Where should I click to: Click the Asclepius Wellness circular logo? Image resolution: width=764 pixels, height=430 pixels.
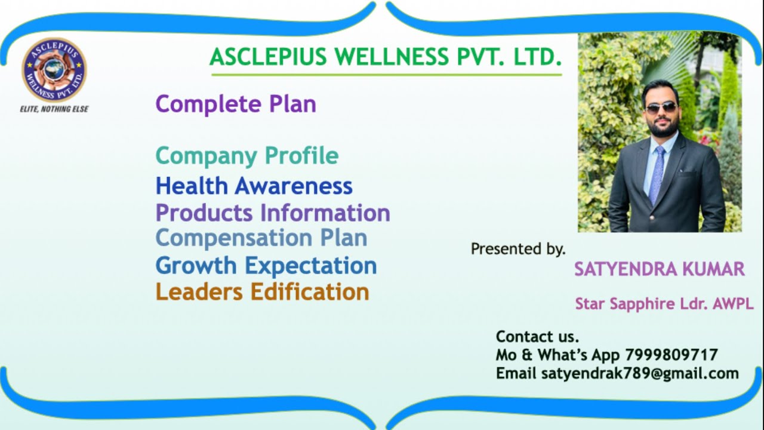[x=54, y=70]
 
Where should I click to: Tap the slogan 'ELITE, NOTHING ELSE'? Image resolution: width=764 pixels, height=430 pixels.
[x=54, y=109]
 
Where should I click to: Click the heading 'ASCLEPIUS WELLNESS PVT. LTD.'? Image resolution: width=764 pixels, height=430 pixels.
[x=386, y=57]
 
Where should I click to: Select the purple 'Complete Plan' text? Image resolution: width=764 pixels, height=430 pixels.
[x=236, y=104]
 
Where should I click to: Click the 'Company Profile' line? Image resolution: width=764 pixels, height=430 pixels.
[x=247, y=156]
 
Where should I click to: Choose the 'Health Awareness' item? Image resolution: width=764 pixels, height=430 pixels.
[x=254, y=186]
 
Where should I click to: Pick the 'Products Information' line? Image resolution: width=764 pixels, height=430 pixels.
[x=273, y=213]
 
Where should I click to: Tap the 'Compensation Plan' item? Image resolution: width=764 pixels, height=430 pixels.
[x=261, y=238]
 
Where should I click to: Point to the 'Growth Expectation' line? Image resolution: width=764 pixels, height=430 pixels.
[x=266, y=265]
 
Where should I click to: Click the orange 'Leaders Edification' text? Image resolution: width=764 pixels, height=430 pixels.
[x=262, y=292]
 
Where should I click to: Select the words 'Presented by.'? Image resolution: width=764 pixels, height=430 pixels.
[x=517, y=249]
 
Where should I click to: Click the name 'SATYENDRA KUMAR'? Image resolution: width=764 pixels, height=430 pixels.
[x=659, y=269]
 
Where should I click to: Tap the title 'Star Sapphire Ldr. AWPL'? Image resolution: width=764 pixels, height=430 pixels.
[x=664, y=304]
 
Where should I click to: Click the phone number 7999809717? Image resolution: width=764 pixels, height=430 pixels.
[x=671, y=355]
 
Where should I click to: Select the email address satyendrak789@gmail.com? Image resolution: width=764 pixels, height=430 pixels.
[x=640, y=374]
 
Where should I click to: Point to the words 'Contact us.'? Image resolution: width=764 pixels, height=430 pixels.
[x=537, y=337]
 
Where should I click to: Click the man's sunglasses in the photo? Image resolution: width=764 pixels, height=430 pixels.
[x=661, y=108]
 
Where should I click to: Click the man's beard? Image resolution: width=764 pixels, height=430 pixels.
[x=661, y=127]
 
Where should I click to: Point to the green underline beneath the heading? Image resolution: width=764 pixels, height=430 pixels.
[x=386, y=75]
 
